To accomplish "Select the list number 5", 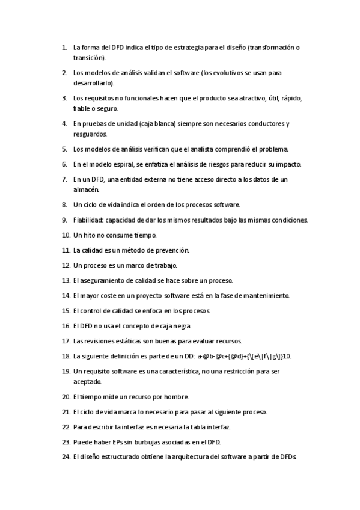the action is pyautogui.click(x=64, y=149).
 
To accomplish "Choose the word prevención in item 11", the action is pyautogui.click(x=172, y=250).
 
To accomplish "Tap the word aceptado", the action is pyautogui.click(x=88, y=381).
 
